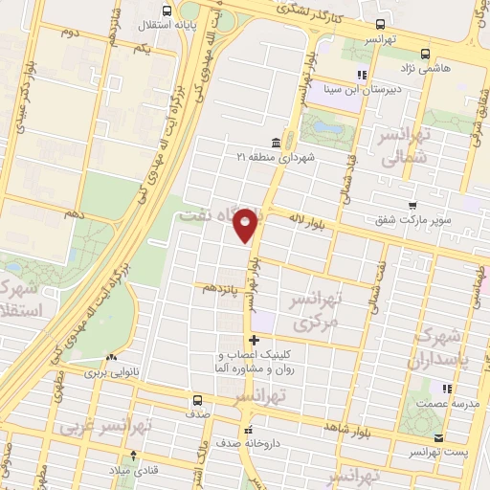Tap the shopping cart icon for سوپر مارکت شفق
pos(412,205)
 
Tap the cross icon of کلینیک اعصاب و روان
pos(254,341)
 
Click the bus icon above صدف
pos(196,400)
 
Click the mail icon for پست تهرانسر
pos(438,438)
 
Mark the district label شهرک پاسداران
pos(451,349)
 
